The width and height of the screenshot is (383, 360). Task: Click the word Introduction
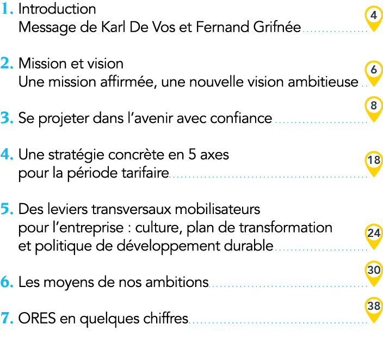point(57,9)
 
